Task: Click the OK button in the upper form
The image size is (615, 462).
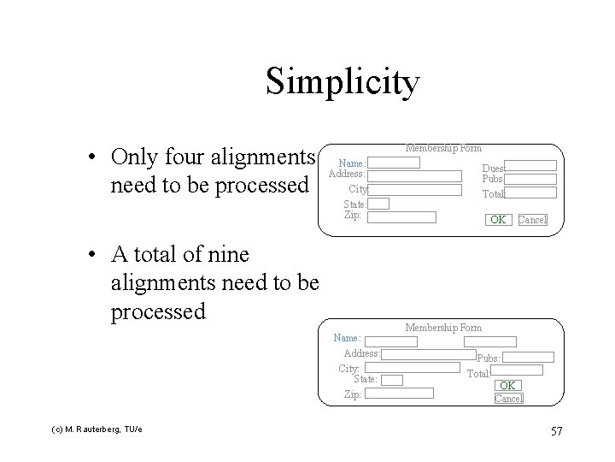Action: pos(497,220)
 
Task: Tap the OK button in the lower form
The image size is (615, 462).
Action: pos(507,386)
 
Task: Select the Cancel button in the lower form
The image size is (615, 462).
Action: pos(508,399)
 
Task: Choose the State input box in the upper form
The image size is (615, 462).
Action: pos(379,204)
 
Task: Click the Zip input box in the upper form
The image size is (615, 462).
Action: pos(401,216)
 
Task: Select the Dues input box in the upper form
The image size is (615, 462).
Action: pos(530,166)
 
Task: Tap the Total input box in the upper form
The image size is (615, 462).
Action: pos(530,193)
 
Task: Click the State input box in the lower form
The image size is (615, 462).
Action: pos(391,379)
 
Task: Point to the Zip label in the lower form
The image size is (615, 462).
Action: pos(352,394)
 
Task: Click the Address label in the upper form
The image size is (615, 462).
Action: pos(347,175)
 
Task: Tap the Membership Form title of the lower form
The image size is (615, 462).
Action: pos(443,328)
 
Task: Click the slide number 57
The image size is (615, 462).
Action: pos(556,430)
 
